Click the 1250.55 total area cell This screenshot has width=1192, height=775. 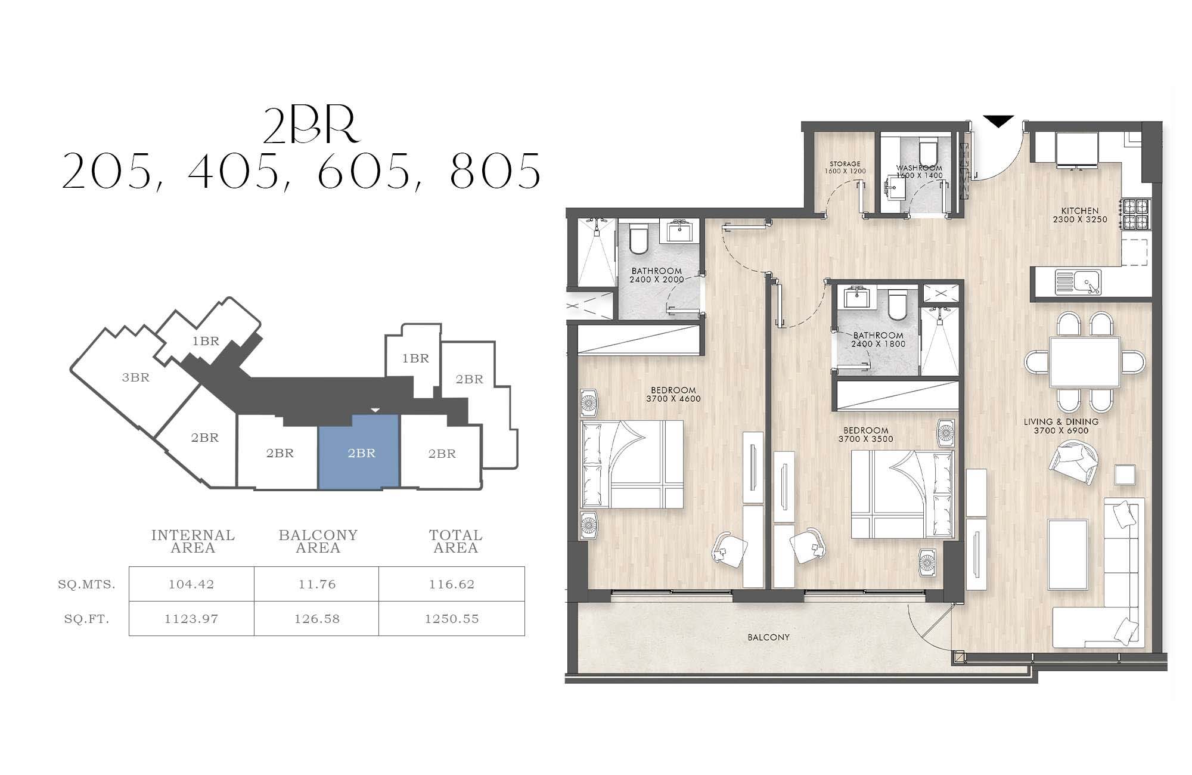[452, 619]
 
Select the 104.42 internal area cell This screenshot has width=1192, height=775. [191, 584]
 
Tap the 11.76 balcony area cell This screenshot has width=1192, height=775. [316, 584]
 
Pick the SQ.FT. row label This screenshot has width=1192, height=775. [87, 619]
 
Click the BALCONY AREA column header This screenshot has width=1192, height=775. [318, 541]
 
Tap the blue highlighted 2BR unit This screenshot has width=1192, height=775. [358, 452]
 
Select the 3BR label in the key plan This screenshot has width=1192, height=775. [136, 377]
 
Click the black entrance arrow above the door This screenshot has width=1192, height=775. [998, 121]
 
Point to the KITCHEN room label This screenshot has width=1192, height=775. [1080, 210]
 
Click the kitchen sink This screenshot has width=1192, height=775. [1078, 282]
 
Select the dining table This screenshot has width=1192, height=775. [1085, 362]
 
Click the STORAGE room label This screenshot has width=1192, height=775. [845, 164]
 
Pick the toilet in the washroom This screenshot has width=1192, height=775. [928, 151]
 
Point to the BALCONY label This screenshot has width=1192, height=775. [769, 637]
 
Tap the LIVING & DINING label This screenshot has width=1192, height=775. [1061, 421]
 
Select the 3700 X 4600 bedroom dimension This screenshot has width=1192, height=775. [673, 399]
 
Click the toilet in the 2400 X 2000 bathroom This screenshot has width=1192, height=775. [638, 238]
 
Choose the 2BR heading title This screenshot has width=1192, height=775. [312, 127]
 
